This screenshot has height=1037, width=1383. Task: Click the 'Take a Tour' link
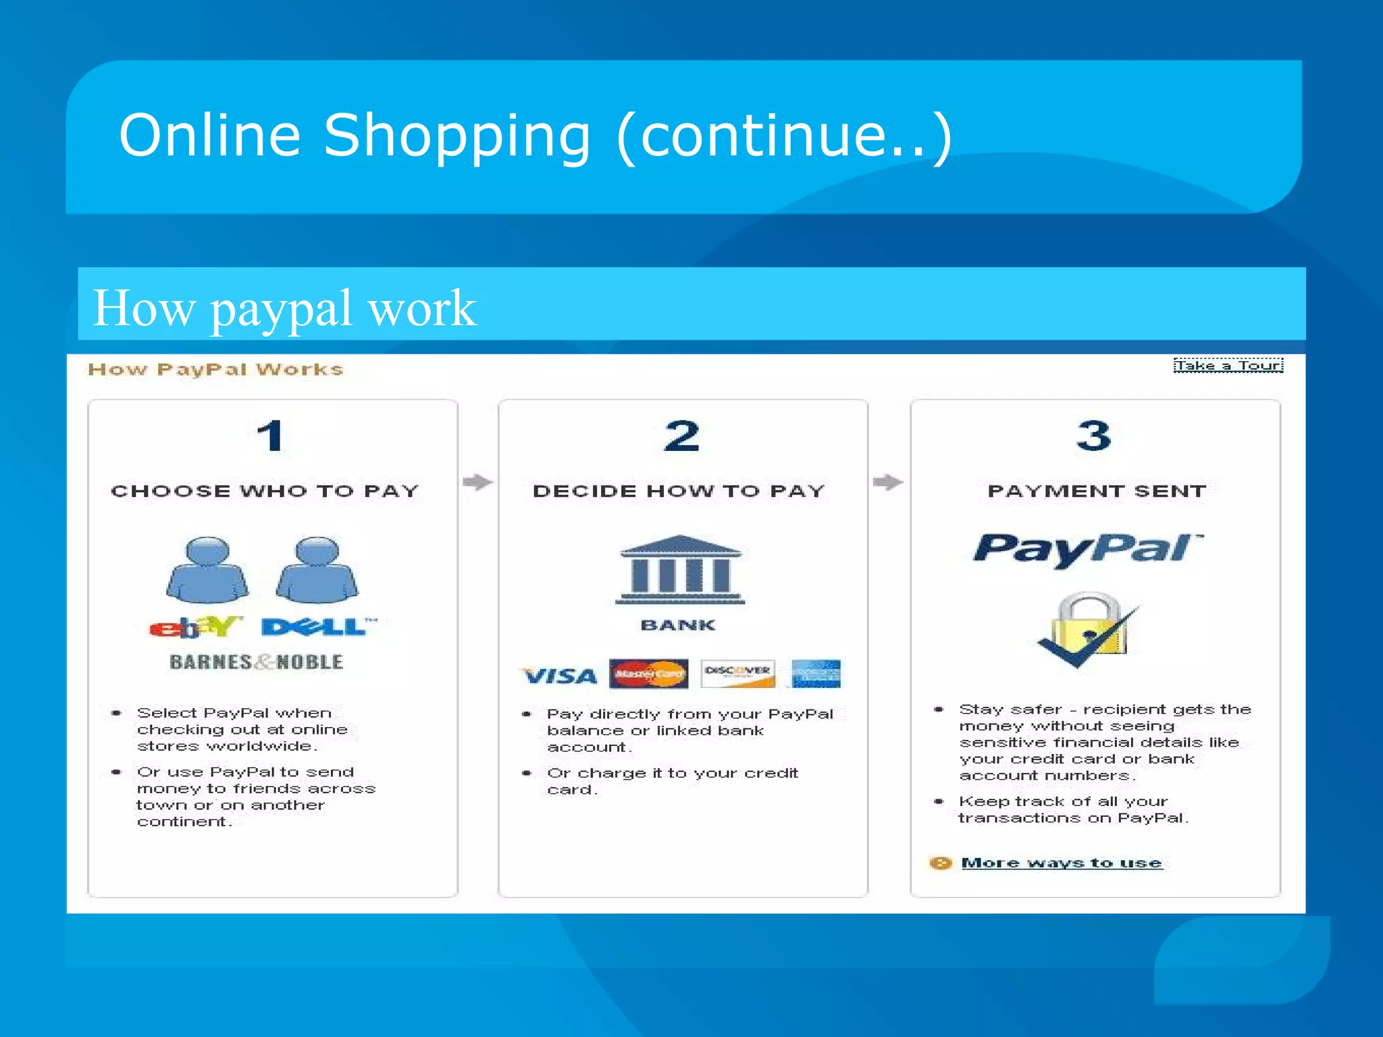pos(1228,365)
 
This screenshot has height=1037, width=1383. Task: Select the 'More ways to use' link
pos(1061,863)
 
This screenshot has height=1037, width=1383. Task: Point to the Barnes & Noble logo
pos(256,662)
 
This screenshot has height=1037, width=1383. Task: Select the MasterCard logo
pos(648,674)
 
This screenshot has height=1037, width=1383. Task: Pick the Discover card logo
pos(737,674)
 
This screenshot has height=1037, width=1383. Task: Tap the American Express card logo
pos(816,674)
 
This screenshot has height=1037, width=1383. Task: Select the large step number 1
pos(271,435)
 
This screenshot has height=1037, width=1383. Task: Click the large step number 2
pos(681,435)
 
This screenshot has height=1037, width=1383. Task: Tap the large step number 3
pos(1093,435)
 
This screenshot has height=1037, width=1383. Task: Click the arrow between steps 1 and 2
pos(478,482)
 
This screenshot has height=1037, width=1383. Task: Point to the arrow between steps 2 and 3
pos(888,482)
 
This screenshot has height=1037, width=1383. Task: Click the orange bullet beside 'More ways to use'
pos(940,863)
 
